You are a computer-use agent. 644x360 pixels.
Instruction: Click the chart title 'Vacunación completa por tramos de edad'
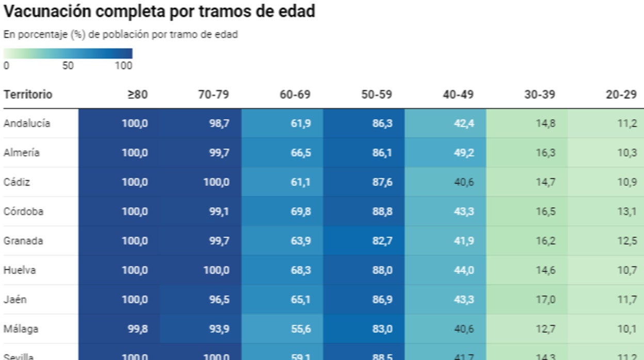[159, 11]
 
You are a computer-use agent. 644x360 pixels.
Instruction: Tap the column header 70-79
[214, 95]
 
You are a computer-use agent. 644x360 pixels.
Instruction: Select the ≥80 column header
[137, 95]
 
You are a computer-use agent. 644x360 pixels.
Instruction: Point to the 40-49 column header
[458, 95]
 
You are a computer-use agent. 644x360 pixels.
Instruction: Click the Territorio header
[28, 95]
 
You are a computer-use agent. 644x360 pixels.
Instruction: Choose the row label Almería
[21, 153]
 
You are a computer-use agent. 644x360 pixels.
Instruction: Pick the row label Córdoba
[23, 211]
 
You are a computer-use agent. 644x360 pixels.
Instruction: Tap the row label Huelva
[20, 270]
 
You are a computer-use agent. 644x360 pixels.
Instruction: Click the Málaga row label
[21, 329]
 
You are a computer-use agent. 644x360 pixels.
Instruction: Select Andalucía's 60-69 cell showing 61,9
[301, 124]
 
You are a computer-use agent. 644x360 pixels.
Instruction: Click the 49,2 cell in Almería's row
[464, 153]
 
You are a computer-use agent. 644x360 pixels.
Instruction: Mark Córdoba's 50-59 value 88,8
[382, 211]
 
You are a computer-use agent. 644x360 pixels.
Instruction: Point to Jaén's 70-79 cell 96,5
[219, 299]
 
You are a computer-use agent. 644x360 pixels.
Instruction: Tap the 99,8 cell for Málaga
[138, 329]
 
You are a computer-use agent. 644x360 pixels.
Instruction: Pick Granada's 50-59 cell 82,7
[382, 241]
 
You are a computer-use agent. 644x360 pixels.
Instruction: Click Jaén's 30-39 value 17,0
[545, 299]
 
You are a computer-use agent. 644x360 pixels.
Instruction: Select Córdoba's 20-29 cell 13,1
[627, 211]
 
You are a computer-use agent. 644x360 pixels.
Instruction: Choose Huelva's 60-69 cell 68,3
[301, 270]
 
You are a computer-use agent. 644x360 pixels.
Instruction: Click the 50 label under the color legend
[68, 66]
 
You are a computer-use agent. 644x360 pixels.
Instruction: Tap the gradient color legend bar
[68, 54]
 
